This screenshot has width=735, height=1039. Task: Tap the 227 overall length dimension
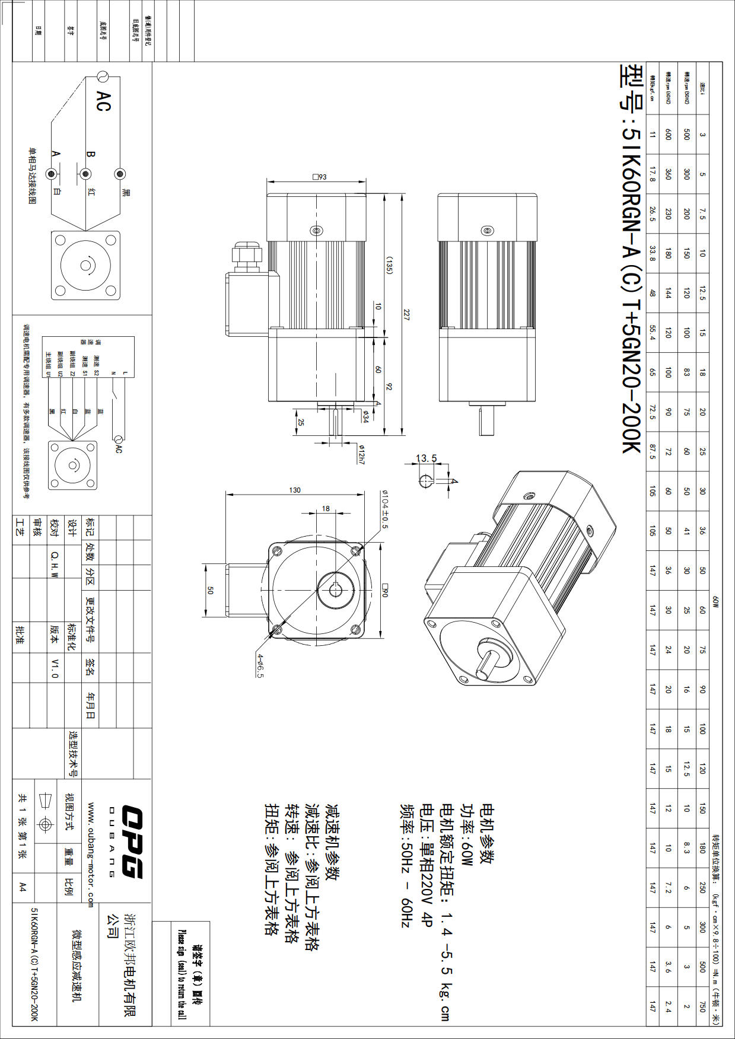(406, 315)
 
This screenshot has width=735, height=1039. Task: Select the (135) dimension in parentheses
(389, 265)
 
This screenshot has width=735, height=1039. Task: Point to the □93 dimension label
(319, 177)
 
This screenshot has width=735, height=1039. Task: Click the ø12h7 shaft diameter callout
(361, 454)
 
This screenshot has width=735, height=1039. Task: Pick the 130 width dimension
(295, 490)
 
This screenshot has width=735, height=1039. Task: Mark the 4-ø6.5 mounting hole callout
(260, 665)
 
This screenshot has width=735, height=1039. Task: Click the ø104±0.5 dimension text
(384, 509)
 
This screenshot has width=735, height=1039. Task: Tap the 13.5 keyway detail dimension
(426, 458)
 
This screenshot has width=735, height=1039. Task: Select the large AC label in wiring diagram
(103, 101)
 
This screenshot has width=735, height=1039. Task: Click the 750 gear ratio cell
(702, 1006)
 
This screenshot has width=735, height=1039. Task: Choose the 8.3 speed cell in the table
(686, 849)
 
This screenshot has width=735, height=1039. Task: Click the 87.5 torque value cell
(653, 452)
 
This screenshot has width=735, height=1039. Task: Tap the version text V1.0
(55, 667)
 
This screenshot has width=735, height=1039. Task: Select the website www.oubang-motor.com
(91, 855)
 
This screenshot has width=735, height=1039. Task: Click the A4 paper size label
(23, 887)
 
